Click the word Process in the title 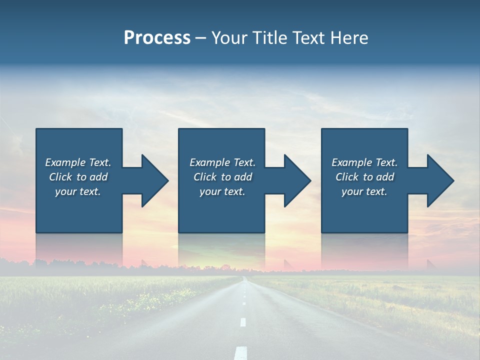tap(157, 38)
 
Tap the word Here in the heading tap(349, 38)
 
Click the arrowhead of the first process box tap(154, 180)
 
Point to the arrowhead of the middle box tap(297, 180)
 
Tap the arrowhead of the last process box tap(440, 180)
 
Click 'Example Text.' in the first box tap(78, 162)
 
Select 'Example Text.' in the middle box tap(222, 162)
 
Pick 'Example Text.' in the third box tap(364, 162)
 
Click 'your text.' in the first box tap(78, 191)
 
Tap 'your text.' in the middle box tap(222, 191)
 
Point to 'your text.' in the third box tap(364, 191)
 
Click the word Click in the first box tap(61, 177)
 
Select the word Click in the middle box tap(205, 177)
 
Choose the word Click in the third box tap(347, 177)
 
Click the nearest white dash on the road tap(241, 352)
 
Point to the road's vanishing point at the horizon tap(244, 276)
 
